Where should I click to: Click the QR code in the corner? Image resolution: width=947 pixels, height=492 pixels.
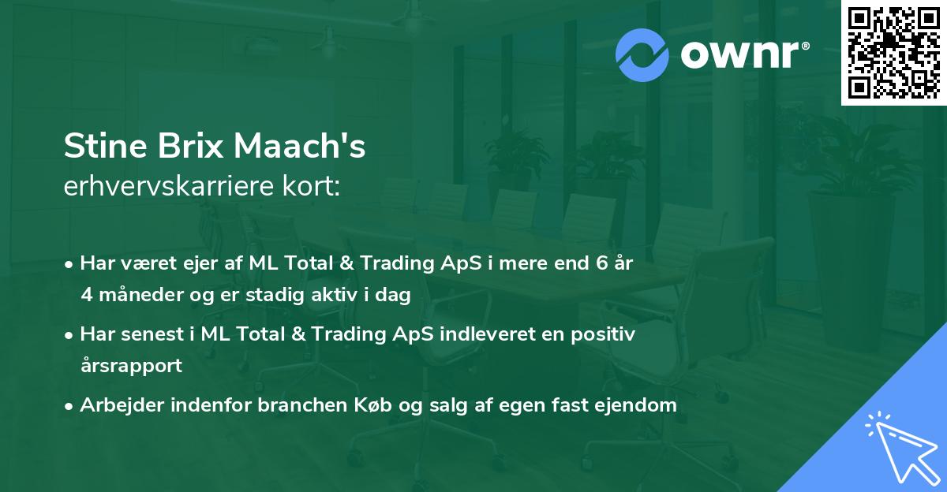[x=894, y=53]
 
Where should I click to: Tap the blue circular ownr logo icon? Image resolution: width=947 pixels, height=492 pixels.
[x=643, y=54]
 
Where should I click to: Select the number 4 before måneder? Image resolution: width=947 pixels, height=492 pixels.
[x=88, y=295]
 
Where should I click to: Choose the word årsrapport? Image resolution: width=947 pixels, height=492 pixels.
[x=131, y=366]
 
